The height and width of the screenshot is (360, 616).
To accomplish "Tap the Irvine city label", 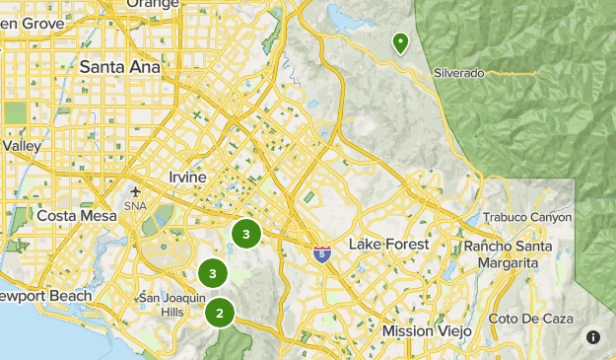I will point(187,177).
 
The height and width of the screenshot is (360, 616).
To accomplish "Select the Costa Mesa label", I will point(70,215).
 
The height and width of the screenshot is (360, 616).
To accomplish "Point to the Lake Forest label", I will point(388,244).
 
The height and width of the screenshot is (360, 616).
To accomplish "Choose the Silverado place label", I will point(460,74).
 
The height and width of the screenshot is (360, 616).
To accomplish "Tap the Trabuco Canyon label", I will point(527,217).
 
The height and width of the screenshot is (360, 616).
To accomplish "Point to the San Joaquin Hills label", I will point(172,304).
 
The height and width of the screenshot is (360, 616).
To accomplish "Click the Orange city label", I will point(155,4).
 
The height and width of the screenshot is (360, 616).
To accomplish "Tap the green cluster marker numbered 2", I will point(220,314).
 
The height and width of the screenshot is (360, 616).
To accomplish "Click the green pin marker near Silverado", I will point(401,43).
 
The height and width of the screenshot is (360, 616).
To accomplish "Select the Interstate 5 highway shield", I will point(322,255).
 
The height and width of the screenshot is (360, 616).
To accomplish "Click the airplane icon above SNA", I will point(135,191).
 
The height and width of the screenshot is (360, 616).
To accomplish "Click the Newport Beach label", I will point(43,296).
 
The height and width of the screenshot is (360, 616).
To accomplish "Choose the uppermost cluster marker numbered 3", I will point(245,234).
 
